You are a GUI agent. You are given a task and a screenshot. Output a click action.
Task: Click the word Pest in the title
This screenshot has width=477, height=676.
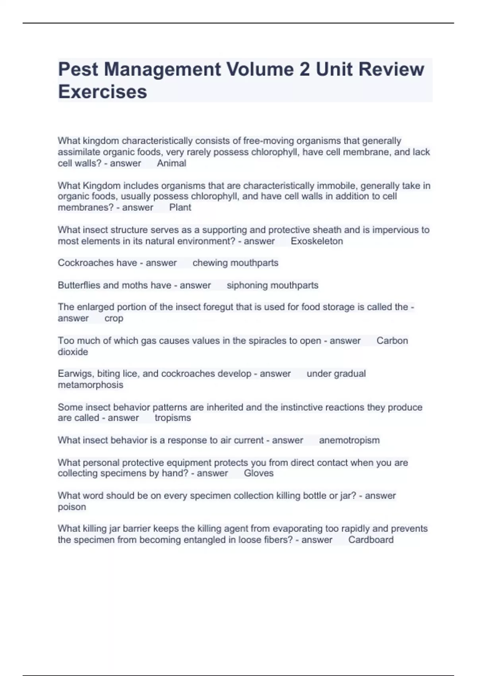coord(78,69)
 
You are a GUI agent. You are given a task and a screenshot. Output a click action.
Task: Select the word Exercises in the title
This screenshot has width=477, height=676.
coord(103,92)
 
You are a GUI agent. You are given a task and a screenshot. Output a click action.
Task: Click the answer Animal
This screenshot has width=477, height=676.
coord(171,163)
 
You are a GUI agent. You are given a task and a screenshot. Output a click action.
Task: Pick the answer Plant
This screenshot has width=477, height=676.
coord(180,207)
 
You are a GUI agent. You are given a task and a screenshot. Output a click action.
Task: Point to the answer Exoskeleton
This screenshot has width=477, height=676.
coord(317,241)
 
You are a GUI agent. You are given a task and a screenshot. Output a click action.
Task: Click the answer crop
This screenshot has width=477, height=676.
coord(114,318)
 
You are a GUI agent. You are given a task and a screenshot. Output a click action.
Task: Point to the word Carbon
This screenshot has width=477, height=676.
coord(392,340)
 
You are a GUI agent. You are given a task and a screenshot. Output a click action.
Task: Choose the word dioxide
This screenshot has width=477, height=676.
coord(73,352)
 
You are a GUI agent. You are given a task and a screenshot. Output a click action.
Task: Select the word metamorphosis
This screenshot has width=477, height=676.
coord(90,385)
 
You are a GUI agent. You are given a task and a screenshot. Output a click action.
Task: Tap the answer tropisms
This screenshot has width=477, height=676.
coord(173,418)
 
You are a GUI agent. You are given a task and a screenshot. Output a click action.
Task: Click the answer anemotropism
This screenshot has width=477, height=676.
coord(349,440)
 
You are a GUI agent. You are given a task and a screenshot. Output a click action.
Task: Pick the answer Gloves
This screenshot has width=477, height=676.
coord(258,473)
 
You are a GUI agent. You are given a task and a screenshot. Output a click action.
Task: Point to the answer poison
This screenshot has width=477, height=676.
coord(72,507)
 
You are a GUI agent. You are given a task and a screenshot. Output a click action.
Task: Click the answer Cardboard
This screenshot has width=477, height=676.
coord(371,540)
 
